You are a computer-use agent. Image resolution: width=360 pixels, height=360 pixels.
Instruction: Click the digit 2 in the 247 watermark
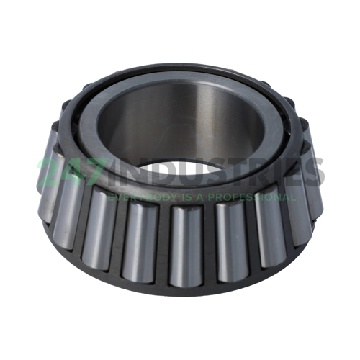click(49, 171)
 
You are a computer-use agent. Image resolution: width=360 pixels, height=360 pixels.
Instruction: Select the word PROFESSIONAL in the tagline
click(252, 197)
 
